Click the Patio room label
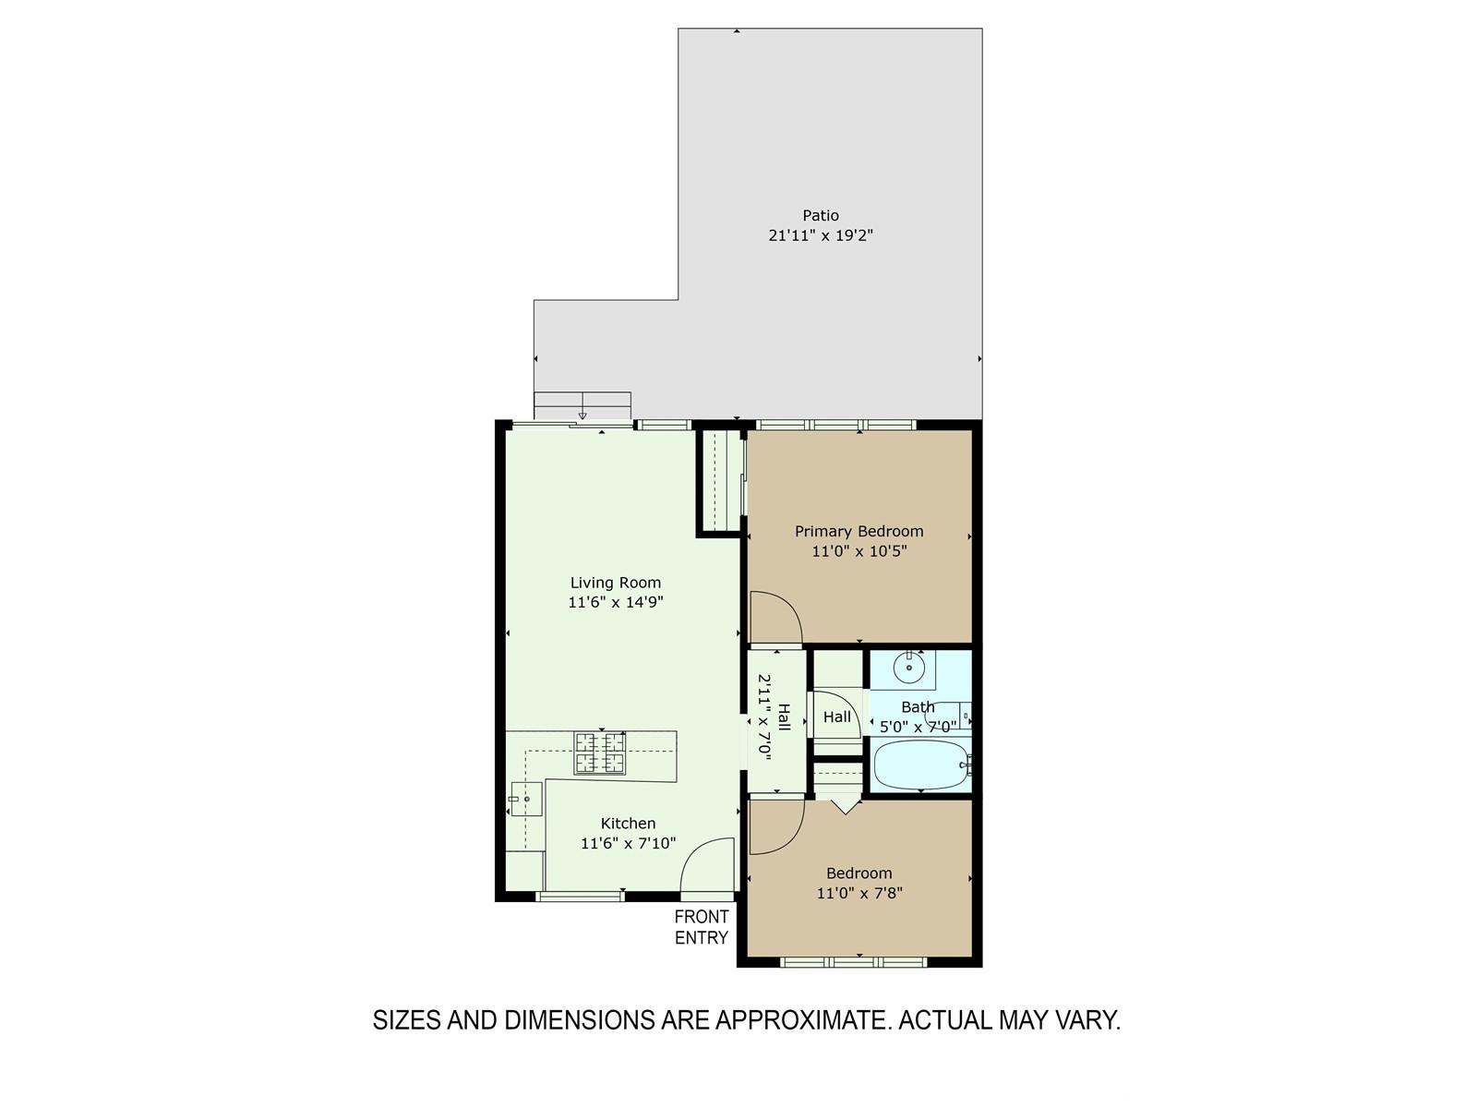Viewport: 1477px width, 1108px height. click(821, 215)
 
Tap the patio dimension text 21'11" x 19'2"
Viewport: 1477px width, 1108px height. click(821, 235)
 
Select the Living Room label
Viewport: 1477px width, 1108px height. click(615, 583)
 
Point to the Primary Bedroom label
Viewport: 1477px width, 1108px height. click(859, 532)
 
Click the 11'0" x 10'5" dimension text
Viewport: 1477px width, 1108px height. click(859, 551)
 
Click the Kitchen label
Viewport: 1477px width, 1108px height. click(628, 824)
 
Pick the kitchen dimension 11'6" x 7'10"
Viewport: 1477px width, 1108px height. click(628, 844)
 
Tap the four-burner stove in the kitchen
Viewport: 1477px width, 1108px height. click(599, 753)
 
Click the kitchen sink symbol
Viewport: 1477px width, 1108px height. click(526, 799)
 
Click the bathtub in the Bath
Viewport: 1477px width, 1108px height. click(920, 765)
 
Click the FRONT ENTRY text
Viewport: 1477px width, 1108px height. click(702, 927)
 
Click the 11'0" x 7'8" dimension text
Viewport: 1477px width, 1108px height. click(859, 894)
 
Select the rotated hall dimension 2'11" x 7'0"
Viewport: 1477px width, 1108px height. click(764, 717)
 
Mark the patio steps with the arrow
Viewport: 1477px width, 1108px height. click(582, 406)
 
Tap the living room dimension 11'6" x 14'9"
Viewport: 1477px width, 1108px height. click(615, 602)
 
